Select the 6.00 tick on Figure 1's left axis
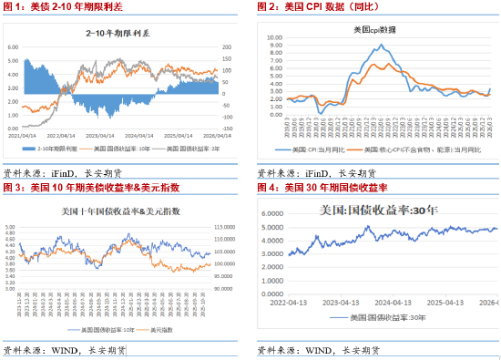12,46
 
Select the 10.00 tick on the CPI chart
271,38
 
